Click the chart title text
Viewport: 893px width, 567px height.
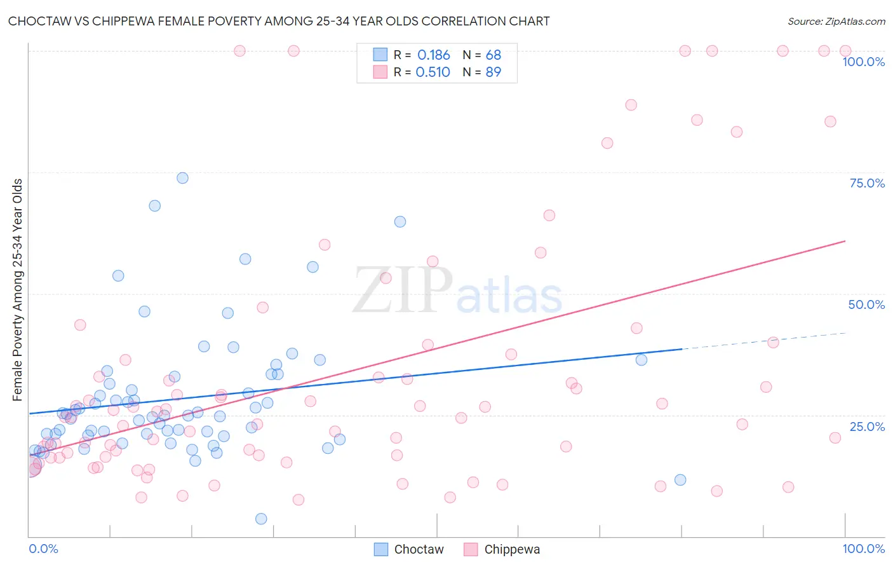pos(279,21)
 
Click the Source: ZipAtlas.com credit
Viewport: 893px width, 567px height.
pos(836,21)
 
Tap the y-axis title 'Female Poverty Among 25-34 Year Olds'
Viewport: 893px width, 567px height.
pos(18,290)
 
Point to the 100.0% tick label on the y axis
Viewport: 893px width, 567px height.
pos(863,62)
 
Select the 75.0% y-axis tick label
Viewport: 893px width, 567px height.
pos(867,183)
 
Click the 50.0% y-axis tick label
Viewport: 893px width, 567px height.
pos(866,304)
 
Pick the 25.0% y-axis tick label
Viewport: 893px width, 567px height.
pos(867,426)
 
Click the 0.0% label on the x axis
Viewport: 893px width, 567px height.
pos(43,549)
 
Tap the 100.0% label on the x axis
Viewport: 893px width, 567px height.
pos(863,549)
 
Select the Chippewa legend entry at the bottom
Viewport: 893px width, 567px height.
pos(502,549)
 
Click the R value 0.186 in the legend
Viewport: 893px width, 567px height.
pos(433,55)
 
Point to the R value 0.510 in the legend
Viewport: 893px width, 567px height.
pos(433,72)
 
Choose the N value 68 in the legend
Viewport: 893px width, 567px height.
pos(493,55)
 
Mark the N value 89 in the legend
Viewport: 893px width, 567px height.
pos(493,72)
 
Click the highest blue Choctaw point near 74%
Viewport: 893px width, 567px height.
pos(182,178)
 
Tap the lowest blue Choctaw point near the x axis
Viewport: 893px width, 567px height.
pos(261,519)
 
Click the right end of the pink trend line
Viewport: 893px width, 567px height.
pos(844,242)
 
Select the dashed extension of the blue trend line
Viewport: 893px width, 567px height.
pos(762,341)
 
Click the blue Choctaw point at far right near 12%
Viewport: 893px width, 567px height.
pos(680,480)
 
